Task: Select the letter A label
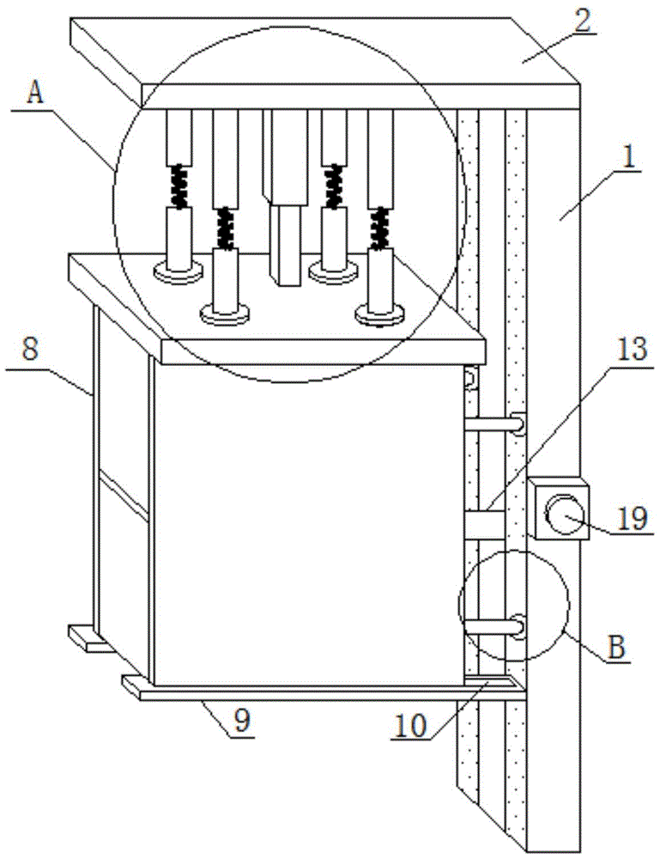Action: pyautogui.click(x=35, y=94)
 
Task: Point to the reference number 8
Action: pyautogui.click(x=30, y=349)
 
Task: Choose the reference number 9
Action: pyautogui.click(x=242, y=721)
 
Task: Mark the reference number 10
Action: pyautogui.click(x=411, y=726)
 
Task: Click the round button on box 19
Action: pyautogui.click(x=563, y=513)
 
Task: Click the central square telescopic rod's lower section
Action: pyautogui.click(x=286, y=245)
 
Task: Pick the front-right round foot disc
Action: pyautogui.click(x=380, y=314)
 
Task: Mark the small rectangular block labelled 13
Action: pyautogui.click(x=484, y=524)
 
